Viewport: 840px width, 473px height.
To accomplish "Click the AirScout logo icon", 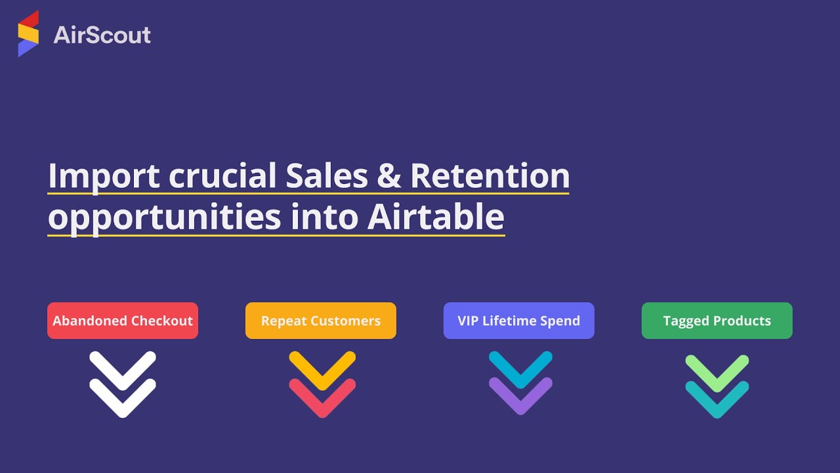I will (28, 34).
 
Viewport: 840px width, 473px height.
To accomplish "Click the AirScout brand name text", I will (102, 35).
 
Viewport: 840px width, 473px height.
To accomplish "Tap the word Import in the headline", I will (104, 175).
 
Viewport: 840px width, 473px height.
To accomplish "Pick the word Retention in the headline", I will (490, 175).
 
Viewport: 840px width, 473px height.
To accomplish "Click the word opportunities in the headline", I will (165, 217).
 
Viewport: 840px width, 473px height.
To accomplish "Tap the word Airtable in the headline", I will (436, 217).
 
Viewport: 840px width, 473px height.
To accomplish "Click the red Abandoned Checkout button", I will (123, 321).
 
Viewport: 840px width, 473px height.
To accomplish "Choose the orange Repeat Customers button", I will (321, 321).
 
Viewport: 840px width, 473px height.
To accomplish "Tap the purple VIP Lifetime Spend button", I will (519, 321).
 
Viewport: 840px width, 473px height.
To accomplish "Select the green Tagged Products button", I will (717, 321).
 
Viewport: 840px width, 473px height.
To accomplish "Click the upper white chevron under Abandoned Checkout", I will (123, 368).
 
